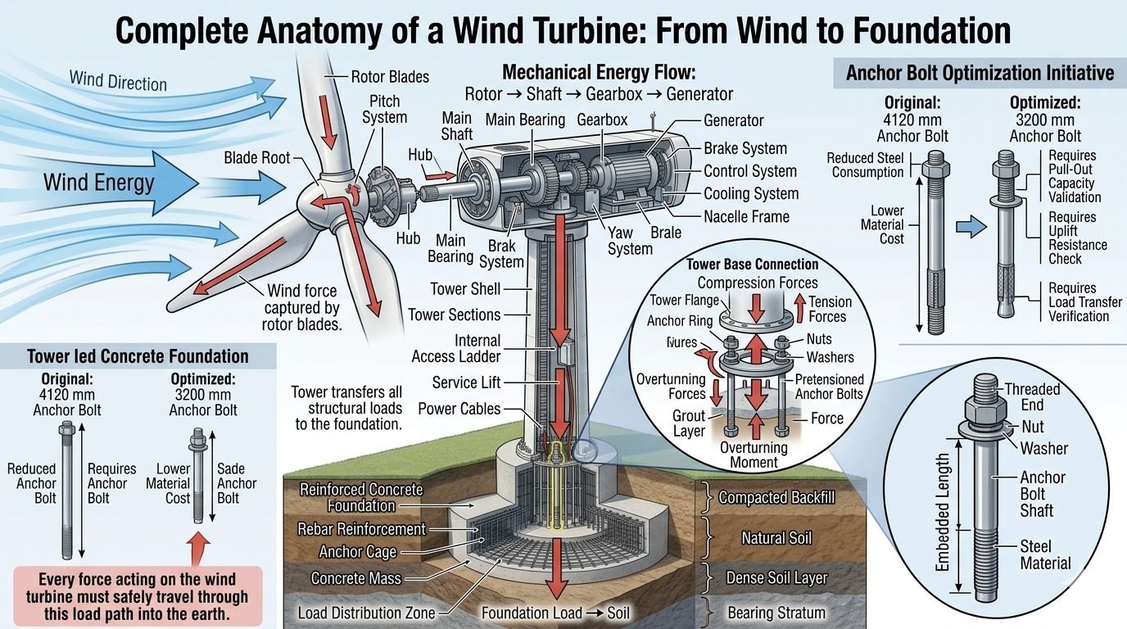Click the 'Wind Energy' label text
(98, 183)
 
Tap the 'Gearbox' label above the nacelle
(602, 120)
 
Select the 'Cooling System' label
(751, 194)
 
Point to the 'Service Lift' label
(466, 382)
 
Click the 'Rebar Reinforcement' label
(361, 529)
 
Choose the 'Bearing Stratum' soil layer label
(776, 613)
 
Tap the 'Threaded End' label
(1032, 397)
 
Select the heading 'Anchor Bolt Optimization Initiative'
(980, 73)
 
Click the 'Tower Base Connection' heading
(752, 265)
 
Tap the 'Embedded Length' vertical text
(942, 512)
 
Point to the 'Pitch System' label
(384, 109)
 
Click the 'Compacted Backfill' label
(776, 498)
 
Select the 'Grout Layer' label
(689, 423)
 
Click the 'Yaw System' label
(630, 241)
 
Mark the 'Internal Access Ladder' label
(456, 349)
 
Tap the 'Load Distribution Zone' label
(366, 613)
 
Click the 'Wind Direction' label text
(118, 81)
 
